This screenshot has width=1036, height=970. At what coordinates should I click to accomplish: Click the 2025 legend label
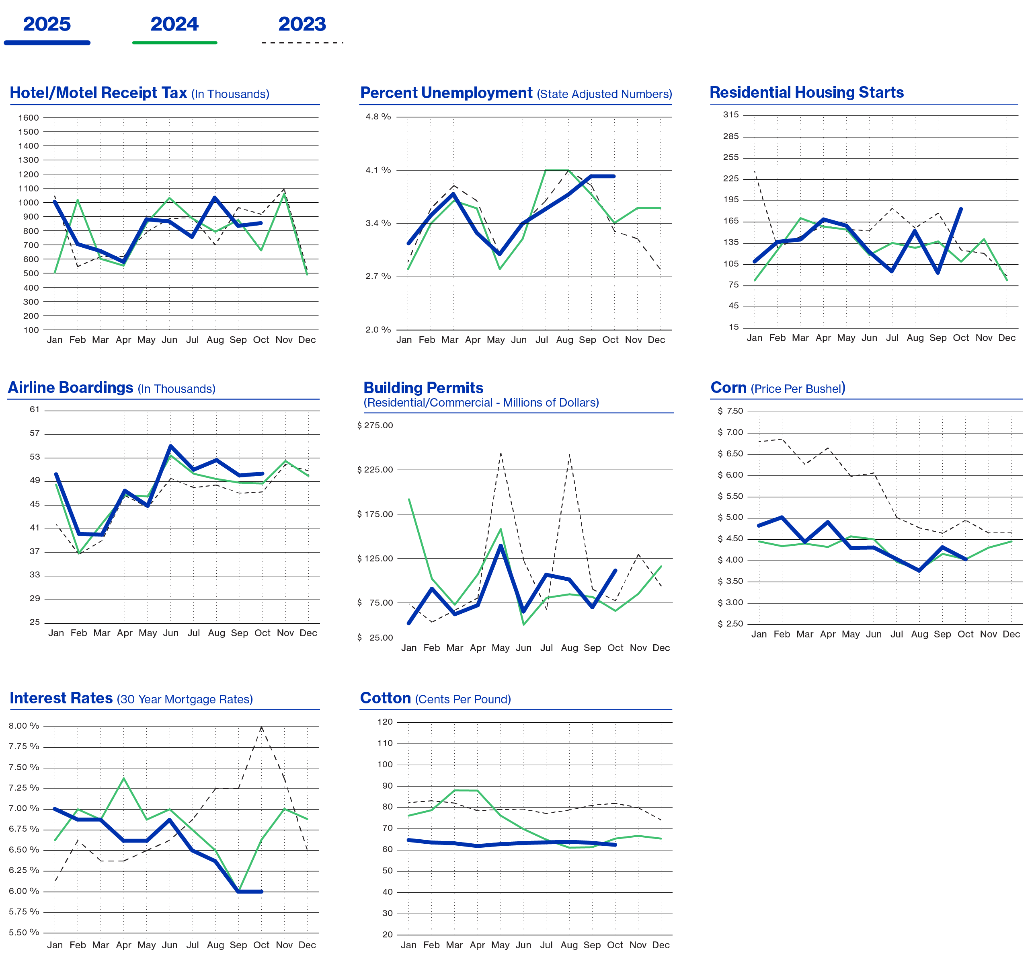click(47, 24)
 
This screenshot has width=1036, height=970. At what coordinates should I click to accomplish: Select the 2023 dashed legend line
click(302, 43)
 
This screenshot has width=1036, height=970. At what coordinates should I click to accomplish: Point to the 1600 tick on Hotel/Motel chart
click(28, 118)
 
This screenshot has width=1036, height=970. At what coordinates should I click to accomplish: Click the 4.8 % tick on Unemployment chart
click(378, 117)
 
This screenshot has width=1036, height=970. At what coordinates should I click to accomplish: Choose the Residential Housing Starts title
click(806, 92)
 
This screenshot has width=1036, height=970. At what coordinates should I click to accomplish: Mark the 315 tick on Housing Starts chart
click(730, 115)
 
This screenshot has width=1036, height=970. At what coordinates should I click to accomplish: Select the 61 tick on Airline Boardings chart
click(35, 410)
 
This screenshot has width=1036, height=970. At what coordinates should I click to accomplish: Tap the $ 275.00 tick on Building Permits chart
click(375, 426)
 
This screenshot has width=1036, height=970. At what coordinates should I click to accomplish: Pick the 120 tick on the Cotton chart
click(385, 722)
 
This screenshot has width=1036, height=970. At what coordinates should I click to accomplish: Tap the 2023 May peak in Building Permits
click(501, 452)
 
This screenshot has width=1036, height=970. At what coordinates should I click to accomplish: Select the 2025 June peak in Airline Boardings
click(170, 446)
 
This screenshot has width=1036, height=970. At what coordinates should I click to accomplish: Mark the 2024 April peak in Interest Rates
click(123, 778)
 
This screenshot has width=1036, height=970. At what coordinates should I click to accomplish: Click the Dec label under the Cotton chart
click(661, 945)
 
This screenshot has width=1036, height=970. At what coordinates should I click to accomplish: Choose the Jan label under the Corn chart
click(759, 634)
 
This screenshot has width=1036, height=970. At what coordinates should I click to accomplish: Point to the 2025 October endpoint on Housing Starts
click(961, 208)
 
